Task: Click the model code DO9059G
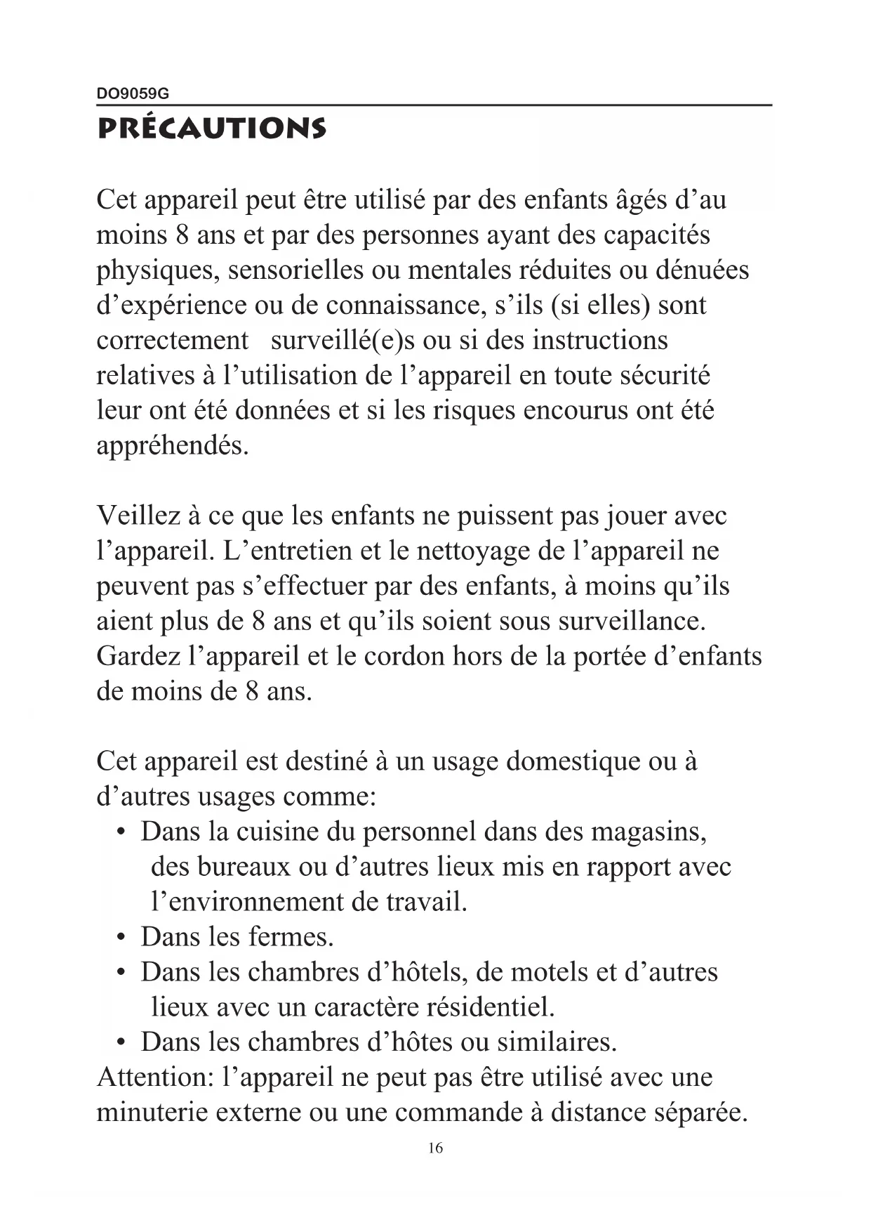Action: (x=133, y=93)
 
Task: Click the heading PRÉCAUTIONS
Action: (x=211, y=129)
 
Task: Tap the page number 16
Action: (x=435, y=1148)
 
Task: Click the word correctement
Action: (x=173, y=341)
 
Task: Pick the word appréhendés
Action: (x=172, y=446)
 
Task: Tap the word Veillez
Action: (x=138, y=516)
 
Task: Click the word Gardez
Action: (x=138, y=657)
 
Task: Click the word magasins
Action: (x=649, y=832)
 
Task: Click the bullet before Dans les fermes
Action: (x=122, y=938)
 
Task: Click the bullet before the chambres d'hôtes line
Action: (x=122, y=1042)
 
